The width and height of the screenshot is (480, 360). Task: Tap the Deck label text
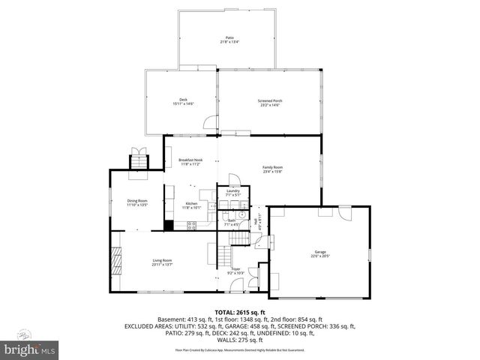click(182, 100)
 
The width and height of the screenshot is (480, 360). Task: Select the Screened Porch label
click(271, 100)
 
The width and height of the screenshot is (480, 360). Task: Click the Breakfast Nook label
click(190, 160)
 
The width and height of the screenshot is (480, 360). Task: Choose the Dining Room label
click(137, 200)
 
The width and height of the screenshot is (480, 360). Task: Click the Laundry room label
click(232, 190)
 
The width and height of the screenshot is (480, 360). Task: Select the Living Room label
click(163, 260)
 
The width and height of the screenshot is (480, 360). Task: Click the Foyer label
click(235, 268)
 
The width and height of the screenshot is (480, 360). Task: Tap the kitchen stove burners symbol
click(191, 224)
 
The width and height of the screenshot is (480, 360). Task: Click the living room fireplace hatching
click(115, 262)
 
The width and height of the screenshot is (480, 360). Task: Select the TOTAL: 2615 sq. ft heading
click(240, 312)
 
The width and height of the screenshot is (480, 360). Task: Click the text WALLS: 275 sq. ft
click(240, 341)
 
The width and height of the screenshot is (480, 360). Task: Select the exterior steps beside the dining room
click(139, 160)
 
